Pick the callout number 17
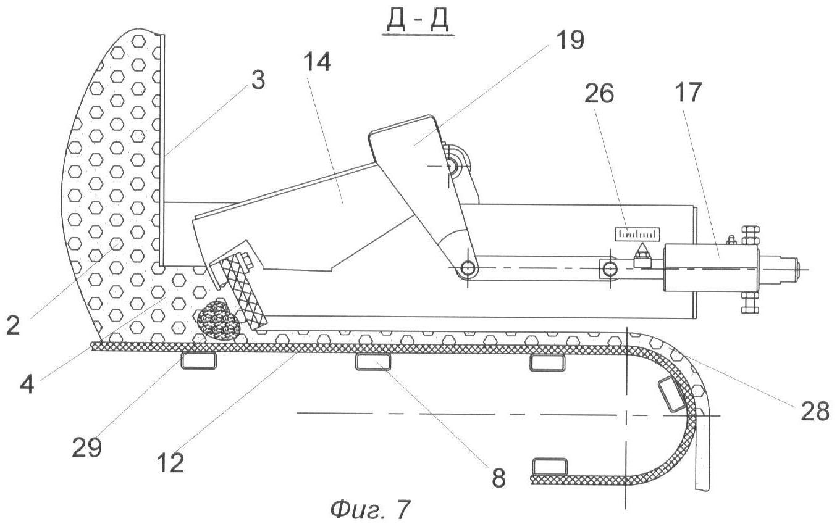click(690, 93)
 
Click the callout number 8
click(497, 475)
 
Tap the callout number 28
click(815, 410)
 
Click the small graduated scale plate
click(637, 234)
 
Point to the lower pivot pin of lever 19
click(467, 269)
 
